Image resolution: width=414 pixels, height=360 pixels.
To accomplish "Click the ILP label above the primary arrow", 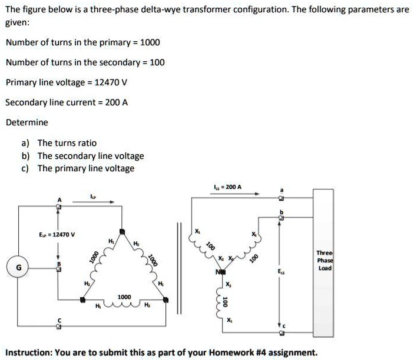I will (x=92, y=195).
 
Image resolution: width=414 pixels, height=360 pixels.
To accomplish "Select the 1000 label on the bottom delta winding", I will (x=124, y=297).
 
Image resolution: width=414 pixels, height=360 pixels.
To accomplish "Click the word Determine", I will (x=27, y=122).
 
